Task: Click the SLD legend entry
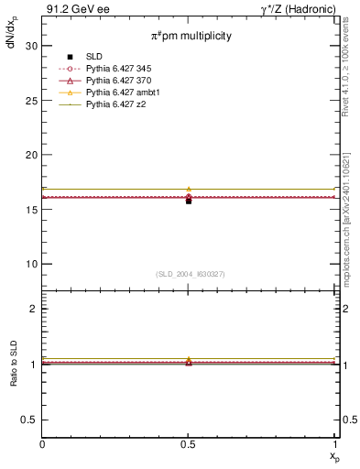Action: (92, 57)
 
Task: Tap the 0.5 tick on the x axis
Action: (189, 444)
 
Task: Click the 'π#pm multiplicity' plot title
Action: (191, 36)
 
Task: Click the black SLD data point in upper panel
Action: (189, 201)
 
